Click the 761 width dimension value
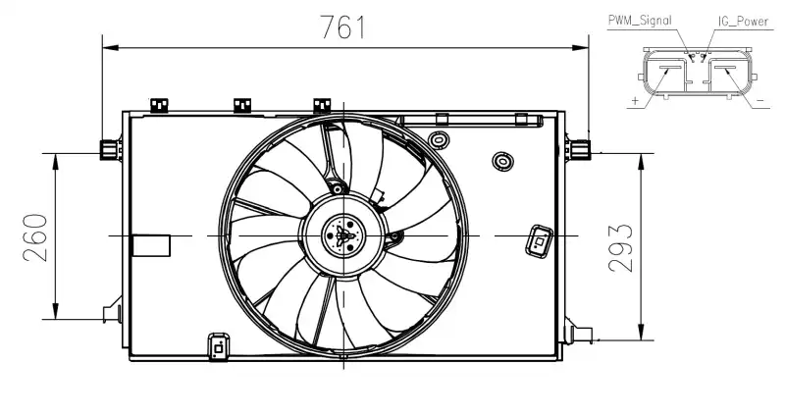click(x=342, y=27)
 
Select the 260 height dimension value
click(x=35, y=237)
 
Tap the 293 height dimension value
click(x=620, y=248)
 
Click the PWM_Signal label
click(x=640, y=20)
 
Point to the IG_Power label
click(x=743, y=21)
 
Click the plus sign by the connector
click(x=635, y=101)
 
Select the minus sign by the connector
click(x=760, y=101)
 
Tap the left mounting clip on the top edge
click(x=159, y=105)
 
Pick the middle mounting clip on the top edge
click(x=242, y=105)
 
